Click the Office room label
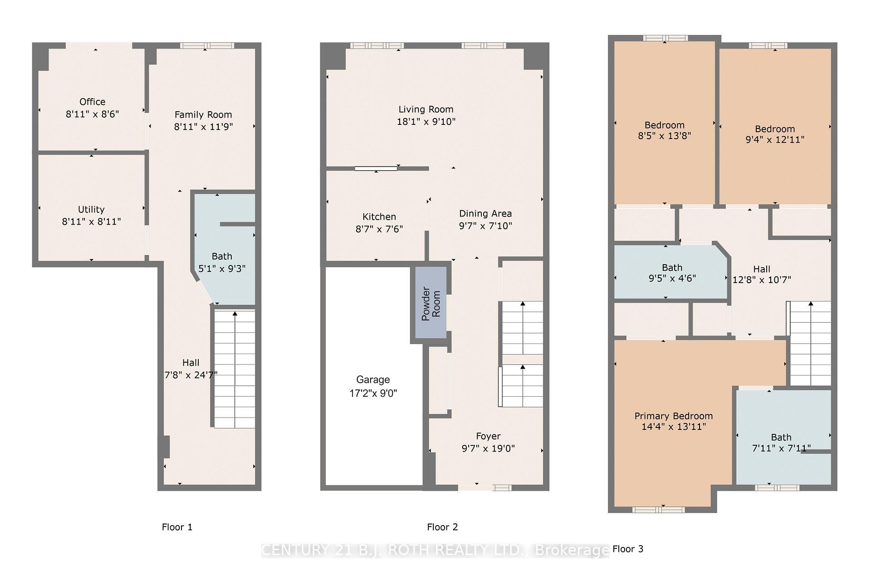pyautogui.click(x=92, y=102)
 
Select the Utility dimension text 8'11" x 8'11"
pyautogui.click(x=91, y=222)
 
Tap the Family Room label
pyautogui.click(x=203, y=115)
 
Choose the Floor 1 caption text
pyautogui.click(x=177, y=527)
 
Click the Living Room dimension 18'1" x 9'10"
pyautogui.click(x=426, y=122)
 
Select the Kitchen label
pyautogui.click(x=379, y=217)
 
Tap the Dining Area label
pyautogui.click(x=485, y=213)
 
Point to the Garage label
pyautogui.click(x=373, y=380)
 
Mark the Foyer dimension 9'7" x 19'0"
pyautogui.click(x=488, y=448)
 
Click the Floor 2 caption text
pyautogui.click(x=442, y=527)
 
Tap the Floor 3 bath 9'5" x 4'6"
pyautogui.click(x=671, y=273)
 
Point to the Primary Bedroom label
pyautogui.click(x=673, y=416)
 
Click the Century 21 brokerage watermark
pyautogui.click(x=435, y=550)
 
